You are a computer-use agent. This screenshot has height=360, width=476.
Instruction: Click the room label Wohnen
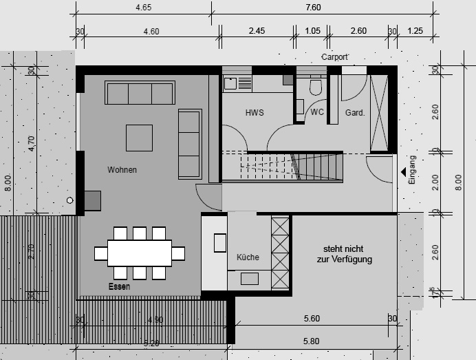pyautogui.click(x=122, y=169)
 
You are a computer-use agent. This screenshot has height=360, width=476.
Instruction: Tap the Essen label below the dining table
pyautogui.click(x=119, y=286)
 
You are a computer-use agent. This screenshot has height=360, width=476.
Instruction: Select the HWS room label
pyautogui.click(x=255, y=112)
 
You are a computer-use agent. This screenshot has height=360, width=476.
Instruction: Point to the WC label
pyautogui.click(x=317, y=112)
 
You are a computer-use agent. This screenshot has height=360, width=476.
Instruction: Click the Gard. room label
pyautogui.click(x=354, y=112)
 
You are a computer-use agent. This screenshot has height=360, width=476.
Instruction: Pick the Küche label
pyautogui.click(x=248, y=257)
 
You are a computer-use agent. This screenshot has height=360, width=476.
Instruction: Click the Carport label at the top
pyautogui.click(x=335, y=57)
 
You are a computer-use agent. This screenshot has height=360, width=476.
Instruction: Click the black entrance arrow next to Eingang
pyautogui.click(x=403, y=172)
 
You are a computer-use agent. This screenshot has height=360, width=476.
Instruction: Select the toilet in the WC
pyautogui.click(x=316, y=87)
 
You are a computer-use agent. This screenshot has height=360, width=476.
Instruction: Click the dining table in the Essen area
pyautogui.click(x=140, y=253)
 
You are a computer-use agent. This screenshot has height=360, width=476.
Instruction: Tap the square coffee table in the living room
pyautogui.click(x=139, y=137)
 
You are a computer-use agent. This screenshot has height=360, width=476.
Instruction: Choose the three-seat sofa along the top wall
pyautogui.click(x=140, y=93)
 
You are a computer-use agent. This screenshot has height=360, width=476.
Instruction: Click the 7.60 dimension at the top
pyautogui.click(x=313, y=8)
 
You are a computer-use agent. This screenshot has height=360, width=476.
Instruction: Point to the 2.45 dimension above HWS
pyautogui.click(x=257, y=31)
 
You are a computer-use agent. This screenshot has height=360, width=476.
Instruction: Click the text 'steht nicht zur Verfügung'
pyautogui.click(x=344, y=254)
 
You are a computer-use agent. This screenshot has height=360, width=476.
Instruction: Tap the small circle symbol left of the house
pyautogui.click(x=69, y=200)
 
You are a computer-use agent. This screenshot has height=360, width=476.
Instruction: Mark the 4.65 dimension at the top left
pyautogui.click(x=144, y=8)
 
